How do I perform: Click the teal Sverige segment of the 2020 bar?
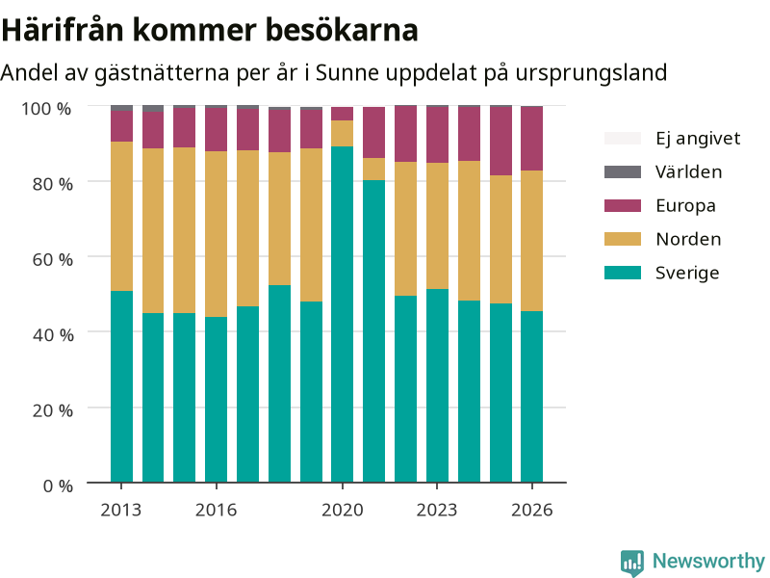[343, 314]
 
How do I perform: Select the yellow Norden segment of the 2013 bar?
[122, 216]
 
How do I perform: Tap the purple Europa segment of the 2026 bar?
[532, 139]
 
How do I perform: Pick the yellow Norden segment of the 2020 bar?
[343, 133]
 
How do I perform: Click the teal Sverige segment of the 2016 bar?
[216, 400]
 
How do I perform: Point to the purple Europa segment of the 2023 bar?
[437, 135]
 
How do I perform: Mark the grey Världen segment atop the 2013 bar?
[122, 108]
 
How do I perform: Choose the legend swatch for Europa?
[623, 205]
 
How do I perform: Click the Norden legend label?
[688, 239]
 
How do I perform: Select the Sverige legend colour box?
[623, 273]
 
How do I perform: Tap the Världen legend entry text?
[688, 172]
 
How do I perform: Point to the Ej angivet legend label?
[698, 139]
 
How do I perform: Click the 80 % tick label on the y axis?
[53, 184]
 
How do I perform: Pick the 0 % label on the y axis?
[58, 486]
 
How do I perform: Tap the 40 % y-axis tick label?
[53, 335]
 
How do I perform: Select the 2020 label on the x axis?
[343, 511]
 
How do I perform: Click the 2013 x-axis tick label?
[121, 511]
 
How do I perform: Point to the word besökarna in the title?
[343, 30]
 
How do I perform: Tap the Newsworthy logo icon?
[632, 563]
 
